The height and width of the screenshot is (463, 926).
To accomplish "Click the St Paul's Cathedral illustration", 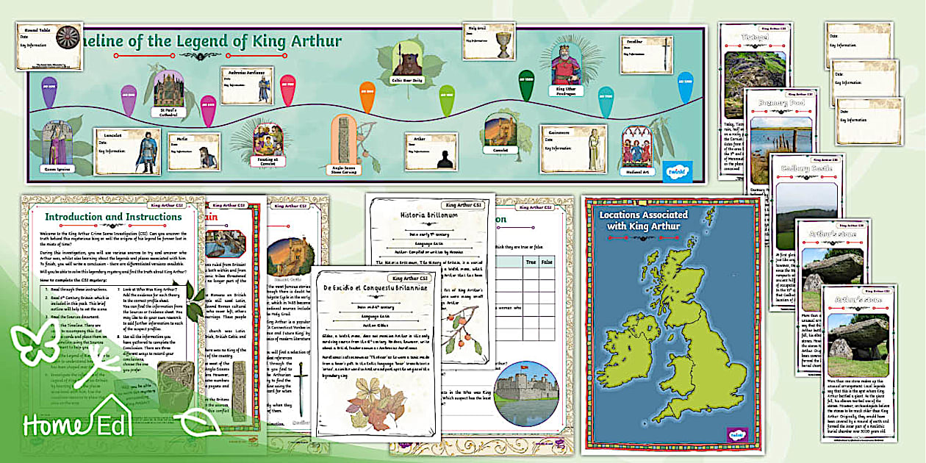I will tap(168, 87).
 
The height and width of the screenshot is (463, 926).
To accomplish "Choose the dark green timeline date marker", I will tap(526, 85).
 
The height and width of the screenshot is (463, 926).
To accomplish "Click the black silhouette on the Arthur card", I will tap(443, 157).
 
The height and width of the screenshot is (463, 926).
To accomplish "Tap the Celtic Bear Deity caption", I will tap(406, 79).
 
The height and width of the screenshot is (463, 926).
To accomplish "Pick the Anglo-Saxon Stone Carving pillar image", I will tap(345, 140).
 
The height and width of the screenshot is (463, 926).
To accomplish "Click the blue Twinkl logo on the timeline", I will tap(672, 167).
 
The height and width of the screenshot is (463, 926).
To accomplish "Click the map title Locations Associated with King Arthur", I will tap(644, 220).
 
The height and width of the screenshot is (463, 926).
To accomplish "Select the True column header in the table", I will tap(528, 260).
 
